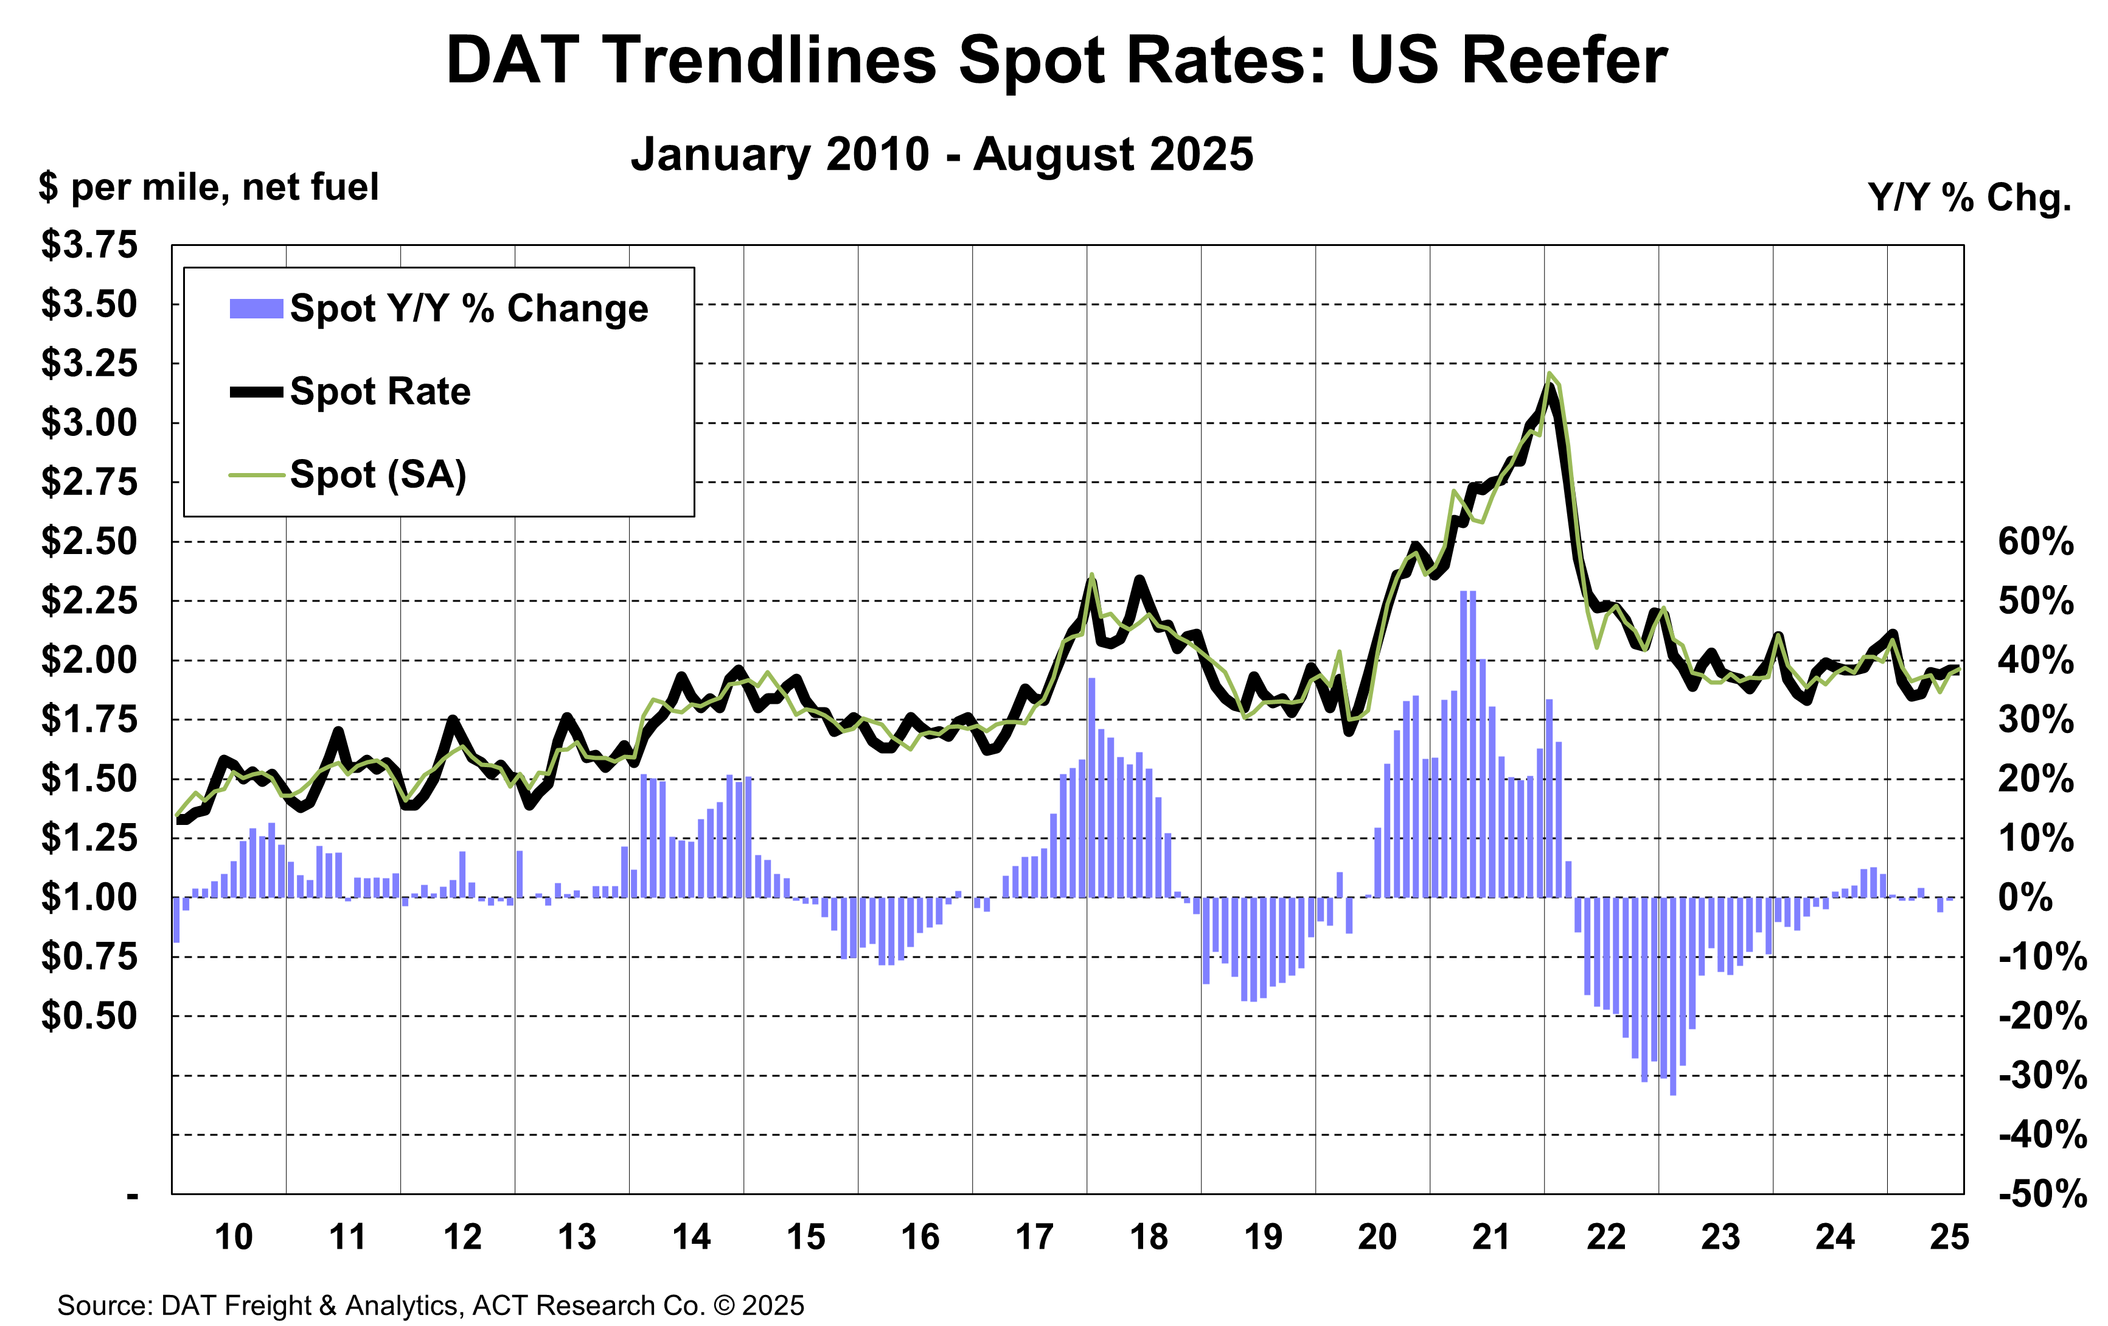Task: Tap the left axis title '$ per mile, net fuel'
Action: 208,188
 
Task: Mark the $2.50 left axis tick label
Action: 89,541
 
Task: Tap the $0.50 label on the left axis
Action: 89,1016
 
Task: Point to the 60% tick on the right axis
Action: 2034,542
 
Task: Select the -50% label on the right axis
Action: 2042,1194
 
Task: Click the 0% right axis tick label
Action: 2025,898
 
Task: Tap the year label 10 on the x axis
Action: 234,1237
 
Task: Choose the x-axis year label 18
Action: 1149,1237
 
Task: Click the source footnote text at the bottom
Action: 430,1305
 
